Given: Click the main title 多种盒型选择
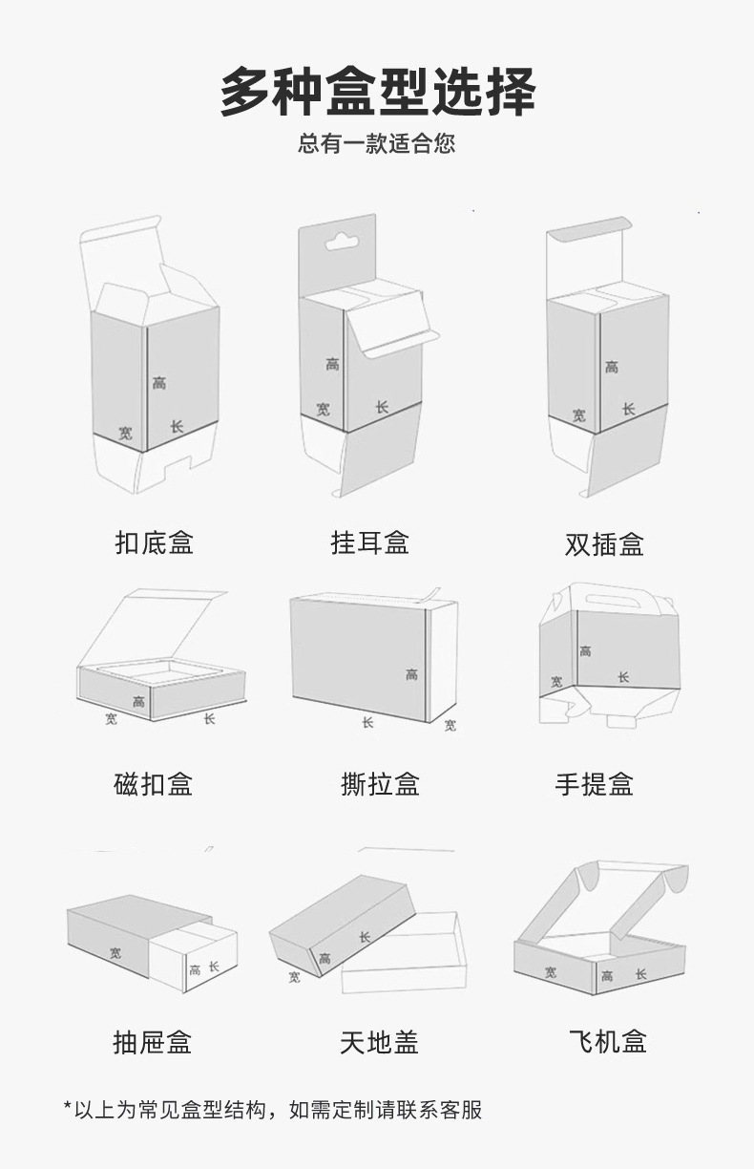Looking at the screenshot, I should point(377,93).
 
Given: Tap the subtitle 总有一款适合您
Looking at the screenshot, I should point(376,144).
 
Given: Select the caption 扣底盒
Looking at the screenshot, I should point(155,543).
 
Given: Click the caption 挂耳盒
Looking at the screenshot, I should point(370,543).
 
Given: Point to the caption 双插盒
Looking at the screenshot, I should point(604,544).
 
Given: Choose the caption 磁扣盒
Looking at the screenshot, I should point(154,785).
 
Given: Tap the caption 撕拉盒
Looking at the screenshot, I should point(380,785).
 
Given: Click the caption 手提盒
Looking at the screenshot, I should point(594,785).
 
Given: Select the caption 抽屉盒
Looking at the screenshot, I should point(153,1042).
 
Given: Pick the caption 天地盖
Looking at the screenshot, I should point(379,1042).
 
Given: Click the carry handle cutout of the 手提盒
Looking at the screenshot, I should point(604,602).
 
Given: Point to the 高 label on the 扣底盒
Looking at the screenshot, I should point(158,383).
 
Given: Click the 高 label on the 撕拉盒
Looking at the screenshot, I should point(411,674).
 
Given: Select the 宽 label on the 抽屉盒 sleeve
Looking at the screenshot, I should point(115,952).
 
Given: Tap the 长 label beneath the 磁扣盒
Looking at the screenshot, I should point(209,718).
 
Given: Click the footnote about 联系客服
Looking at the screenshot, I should point(273,1110).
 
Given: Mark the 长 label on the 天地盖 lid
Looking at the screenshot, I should point(365,937).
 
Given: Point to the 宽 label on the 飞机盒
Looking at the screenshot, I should point(551,972).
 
